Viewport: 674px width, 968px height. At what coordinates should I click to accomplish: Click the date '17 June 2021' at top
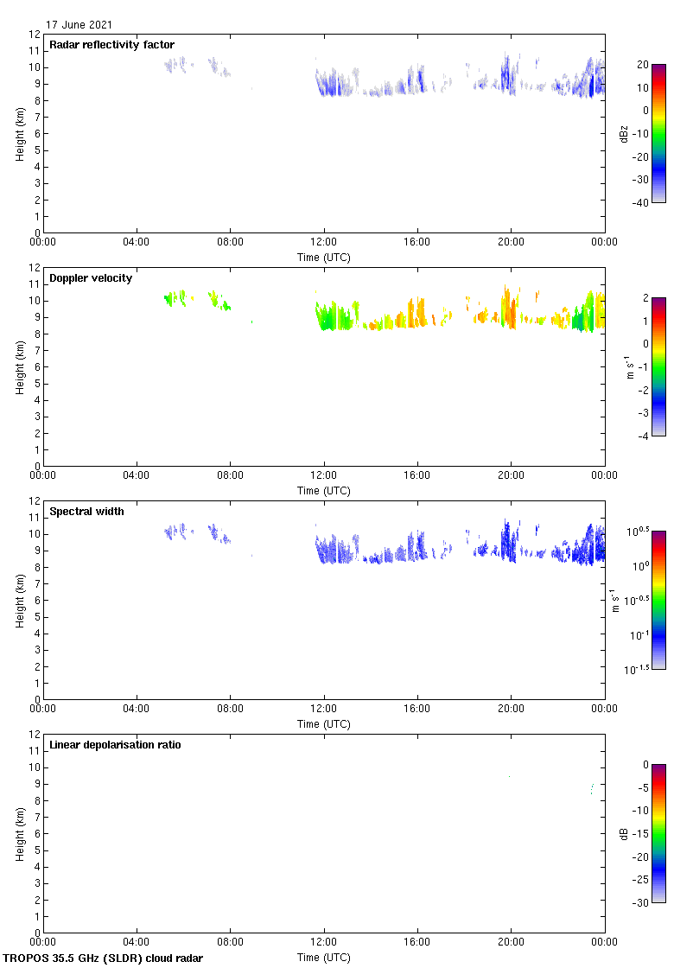[x=79, y=25]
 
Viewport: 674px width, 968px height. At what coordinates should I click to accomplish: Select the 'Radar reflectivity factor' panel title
[x=111, y=45]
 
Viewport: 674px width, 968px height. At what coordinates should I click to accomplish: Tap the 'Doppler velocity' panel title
[x=91, y=278]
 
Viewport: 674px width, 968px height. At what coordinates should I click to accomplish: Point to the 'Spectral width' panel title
[x=86, y=512]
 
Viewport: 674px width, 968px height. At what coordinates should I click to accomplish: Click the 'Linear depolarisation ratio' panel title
[x=115, y=745]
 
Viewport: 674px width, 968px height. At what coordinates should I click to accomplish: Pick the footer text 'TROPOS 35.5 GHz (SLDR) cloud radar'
[x=104, y=958]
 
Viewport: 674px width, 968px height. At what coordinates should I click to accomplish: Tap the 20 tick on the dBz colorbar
[x=642, y=65]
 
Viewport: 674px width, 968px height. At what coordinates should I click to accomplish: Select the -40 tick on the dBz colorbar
[x=642, y=203]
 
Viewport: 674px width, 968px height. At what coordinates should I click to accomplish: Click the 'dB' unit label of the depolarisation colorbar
[x=624, y=834]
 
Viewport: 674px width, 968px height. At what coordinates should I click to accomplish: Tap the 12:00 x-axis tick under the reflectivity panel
[x=324, y=242]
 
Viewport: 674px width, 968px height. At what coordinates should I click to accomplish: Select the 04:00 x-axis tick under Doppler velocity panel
[x=137, y=475]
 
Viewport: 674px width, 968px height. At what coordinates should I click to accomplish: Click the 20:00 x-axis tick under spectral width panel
[x=511, y=709]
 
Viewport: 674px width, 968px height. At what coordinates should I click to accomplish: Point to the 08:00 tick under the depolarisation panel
[x=230, y=942]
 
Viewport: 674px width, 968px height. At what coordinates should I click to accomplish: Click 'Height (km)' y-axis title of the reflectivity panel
[x=18, y=133]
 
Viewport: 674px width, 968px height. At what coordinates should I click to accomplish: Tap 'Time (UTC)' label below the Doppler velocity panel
[x=324, y=491]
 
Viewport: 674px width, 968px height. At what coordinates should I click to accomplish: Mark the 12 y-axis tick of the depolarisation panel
[x=35, y=734]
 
